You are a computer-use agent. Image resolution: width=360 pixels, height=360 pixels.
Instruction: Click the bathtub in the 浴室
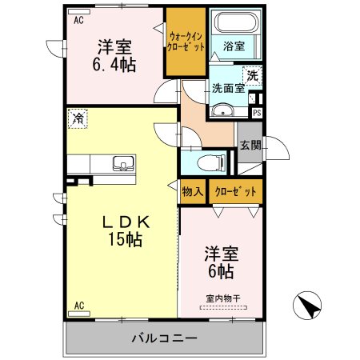pos(237,22)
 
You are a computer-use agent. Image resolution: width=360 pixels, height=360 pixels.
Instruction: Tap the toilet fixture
pos(211,162)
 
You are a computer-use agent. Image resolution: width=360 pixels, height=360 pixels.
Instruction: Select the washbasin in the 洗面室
pos(222,110)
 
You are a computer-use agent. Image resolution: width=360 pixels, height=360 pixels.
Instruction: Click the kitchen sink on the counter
pos(123,163)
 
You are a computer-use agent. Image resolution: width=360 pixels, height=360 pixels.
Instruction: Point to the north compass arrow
pos(307,306)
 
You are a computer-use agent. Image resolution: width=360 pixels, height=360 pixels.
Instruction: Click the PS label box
pos(257,113)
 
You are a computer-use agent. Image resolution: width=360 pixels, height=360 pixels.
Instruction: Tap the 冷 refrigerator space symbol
pos(78,118)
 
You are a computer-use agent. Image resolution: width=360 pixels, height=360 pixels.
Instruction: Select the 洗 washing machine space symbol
pos(252,76)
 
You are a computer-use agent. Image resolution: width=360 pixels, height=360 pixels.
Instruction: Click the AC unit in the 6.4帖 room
pos(79,12)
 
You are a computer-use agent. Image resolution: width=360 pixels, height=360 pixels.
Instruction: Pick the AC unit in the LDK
pos(79,314)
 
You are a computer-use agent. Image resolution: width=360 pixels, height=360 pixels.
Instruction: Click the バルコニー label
pos(165,338)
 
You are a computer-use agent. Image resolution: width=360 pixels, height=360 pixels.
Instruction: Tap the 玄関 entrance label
pos(250,146)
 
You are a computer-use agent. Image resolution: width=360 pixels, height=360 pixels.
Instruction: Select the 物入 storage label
pos(193,191)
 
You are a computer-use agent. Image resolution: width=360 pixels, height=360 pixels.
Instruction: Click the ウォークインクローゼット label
pos(186,42)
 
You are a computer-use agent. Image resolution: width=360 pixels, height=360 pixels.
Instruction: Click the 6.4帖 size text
pos(114,65)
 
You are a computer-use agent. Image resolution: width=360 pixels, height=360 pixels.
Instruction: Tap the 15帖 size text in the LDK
pos(125,239)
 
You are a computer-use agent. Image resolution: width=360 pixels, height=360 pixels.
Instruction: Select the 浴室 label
pos(234,46)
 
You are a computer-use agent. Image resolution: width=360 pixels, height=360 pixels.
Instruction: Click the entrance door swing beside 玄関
pos(277,148)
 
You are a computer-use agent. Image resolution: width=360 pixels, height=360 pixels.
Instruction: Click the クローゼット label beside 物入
pos(235,191)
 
